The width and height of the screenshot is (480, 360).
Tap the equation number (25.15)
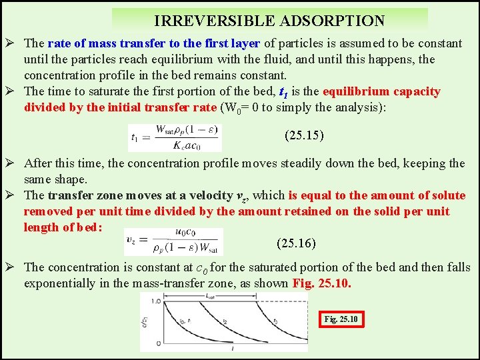[x=304, y=136]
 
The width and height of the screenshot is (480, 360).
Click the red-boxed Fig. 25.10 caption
[x=341, y=319]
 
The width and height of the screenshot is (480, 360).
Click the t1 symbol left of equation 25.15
[x=135, y=138]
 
